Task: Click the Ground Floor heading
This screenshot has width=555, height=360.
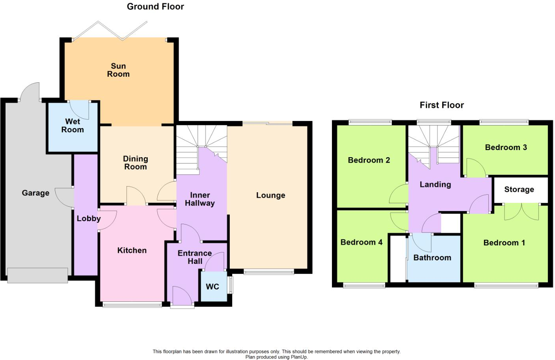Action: (155, 7)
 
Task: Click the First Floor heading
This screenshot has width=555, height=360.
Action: (441, 105)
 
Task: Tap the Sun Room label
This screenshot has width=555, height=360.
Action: (118, 70)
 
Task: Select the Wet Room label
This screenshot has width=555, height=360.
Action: (73, 126)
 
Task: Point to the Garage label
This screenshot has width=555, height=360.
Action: (35, 193)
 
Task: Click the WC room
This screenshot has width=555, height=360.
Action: (213, 287)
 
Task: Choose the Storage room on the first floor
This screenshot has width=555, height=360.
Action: (519, 189)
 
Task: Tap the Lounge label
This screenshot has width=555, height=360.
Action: (270, 195)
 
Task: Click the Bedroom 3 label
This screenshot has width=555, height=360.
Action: (506, 147)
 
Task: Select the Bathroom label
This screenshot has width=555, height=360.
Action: (432, 258)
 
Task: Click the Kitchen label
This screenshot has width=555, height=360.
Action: (132, 251)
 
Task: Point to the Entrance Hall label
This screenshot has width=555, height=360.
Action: (195, 257)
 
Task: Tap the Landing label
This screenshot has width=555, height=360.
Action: (435, 184)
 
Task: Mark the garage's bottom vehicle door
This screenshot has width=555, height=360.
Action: (37, 275)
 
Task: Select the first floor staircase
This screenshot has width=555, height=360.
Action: (434, 146)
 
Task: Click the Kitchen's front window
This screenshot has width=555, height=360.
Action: (132, 304)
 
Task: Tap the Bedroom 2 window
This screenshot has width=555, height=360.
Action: (370, 122)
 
